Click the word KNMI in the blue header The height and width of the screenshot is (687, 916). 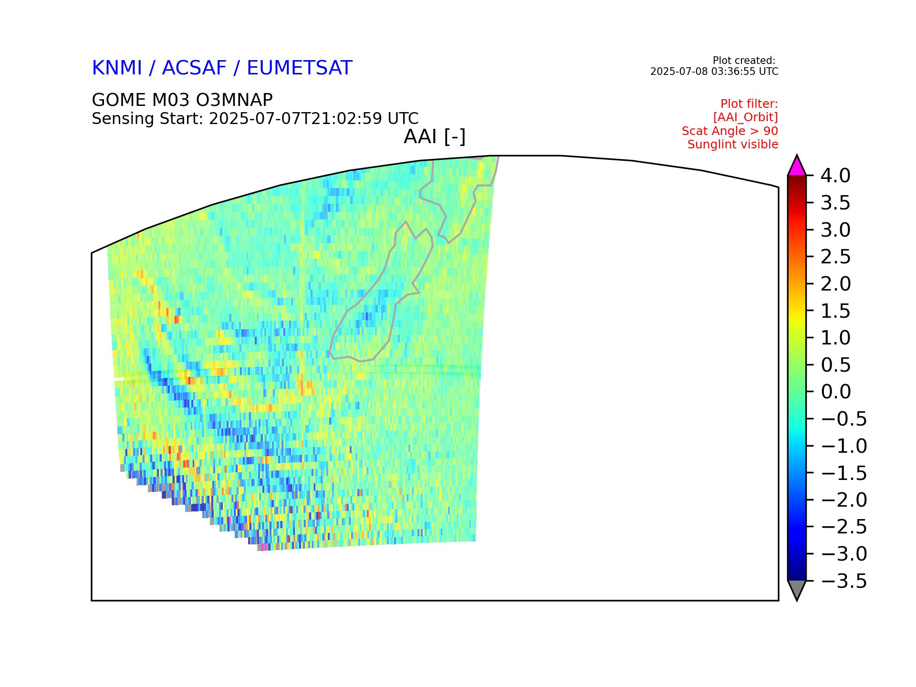click(x=117, y=68)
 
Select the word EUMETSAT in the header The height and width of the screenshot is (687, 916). click(x=300, y=68)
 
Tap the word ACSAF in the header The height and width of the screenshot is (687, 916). click(x=194, y=68)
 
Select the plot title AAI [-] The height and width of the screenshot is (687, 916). click(x=435, y=137)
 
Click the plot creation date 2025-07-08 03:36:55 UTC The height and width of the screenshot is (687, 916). click(x=714, y=72)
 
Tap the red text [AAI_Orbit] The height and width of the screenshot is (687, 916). click(x=746, y=117)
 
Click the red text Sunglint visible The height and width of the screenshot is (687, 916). click(x=733, y=145)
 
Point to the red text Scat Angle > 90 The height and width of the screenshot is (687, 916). click(x=730, y=131)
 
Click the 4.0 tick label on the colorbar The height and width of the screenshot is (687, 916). click(x=835, y=176)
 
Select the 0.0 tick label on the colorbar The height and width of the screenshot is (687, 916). click(x=835, y=392)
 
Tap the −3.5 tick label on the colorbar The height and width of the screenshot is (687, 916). click(x=843, y=581)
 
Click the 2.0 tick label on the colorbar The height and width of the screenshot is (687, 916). click(x=835, y=284)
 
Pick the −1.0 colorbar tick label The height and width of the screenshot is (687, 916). click(x=843, y=446)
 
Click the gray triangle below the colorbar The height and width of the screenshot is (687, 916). click(x=797, y=588)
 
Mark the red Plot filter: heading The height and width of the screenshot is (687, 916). click(x=749, y=104)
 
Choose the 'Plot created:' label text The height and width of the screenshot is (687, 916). click(x=744, y=61)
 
